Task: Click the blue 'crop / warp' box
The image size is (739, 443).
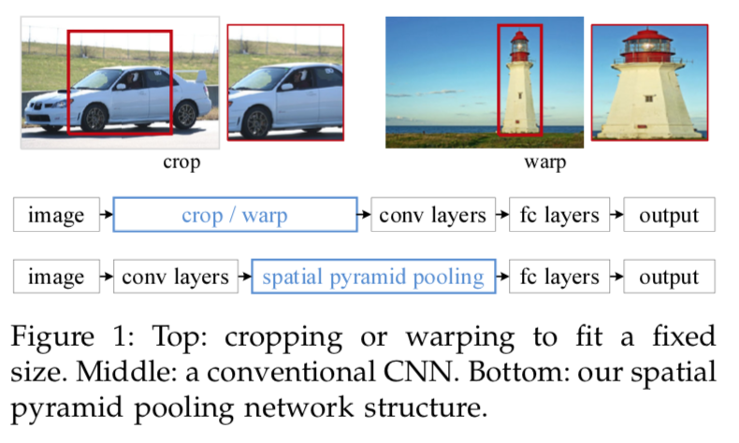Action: point(235,216)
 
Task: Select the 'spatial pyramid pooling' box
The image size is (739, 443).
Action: point(373,278)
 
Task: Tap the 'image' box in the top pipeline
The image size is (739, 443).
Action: point(55,216)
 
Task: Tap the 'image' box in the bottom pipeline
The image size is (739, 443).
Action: point(55,278)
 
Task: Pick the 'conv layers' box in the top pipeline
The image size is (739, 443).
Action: point(432,216)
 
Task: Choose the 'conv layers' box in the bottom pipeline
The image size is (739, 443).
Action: point(175,278)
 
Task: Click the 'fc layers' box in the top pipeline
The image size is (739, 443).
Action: point(559,216)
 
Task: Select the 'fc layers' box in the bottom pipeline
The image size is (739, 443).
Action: point(558,278)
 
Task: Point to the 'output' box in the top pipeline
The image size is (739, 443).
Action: point(669,216)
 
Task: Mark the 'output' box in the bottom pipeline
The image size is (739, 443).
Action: point(669,278)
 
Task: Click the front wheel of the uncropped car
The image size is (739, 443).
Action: point(94,118)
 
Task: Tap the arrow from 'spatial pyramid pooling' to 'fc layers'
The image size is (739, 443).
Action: point(502,278)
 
